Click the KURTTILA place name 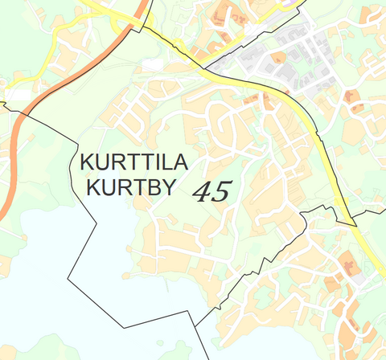click(x=133, y=163)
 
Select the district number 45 click(x=212, y=191)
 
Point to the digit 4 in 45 click(x=203, y=191)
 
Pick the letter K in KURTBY click(x=90, y=189)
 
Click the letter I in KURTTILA click(x=154, y=163)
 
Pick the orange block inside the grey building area click(x=279, y=58)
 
